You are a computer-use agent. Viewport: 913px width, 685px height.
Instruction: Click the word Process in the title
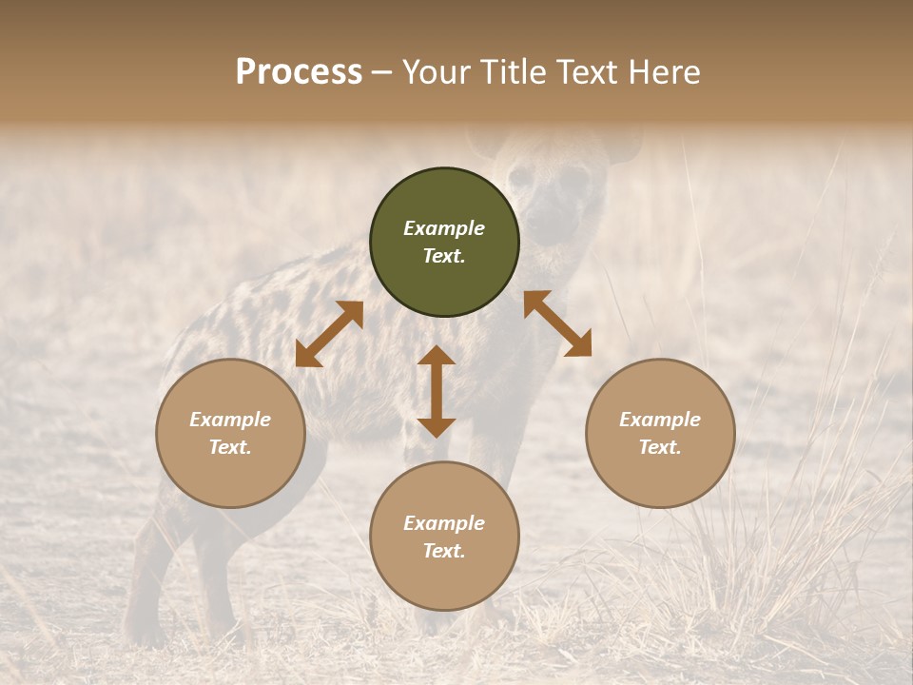pyautogui.click(x=299, y=72)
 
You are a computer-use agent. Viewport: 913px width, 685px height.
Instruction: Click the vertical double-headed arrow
pyautogui.click(x=437, y=391)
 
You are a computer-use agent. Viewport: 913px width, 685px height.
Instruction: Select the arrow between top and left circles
pyautogui.click(x=329, y=334)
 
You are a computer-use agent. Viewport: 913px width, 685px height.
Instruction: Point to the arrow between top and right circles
pyautogui.click(x=557, y=323)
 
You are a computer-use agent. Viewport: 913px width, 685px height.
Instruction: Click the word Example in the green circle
pyautogui.click(x=444, y=228)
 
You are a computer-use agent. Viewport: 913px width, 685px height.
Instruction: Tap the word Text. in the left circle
pyautogui.click(x=230, y=447)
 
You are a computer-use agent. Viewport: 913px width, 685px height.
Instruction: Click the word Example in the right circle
pyautogui.click(x=660, y=420)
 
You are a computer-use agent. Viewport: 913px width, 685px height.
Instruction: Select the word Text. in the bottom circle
pyautogui.click(x=444, y=551)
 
